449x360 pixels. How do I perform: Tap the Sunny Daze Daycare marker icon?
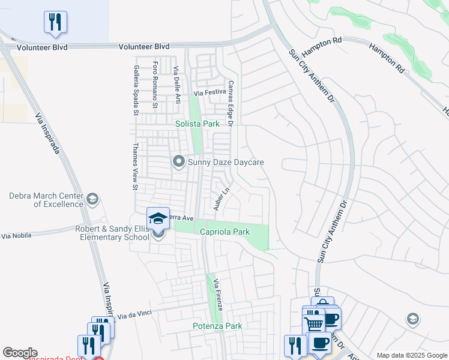coord(178,161)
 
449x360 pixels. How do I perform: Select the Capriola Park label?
coord(224,232)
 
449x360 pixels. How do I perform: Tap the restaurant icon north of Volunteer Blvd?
coord(55,23)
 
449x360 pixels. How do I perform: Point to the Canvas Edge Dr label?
coord(230,103)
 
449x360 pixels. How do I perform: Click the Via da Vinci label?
coord(135,315)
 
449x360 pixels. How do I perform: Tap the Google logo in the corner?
coord(20,353)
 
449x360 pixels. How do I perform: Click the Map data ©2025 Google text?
coord(412,355)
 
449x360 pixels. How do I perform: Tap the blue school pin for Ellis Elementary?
coord(158,218)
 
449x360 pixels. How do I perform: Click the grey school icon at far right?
coord(412,319)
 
